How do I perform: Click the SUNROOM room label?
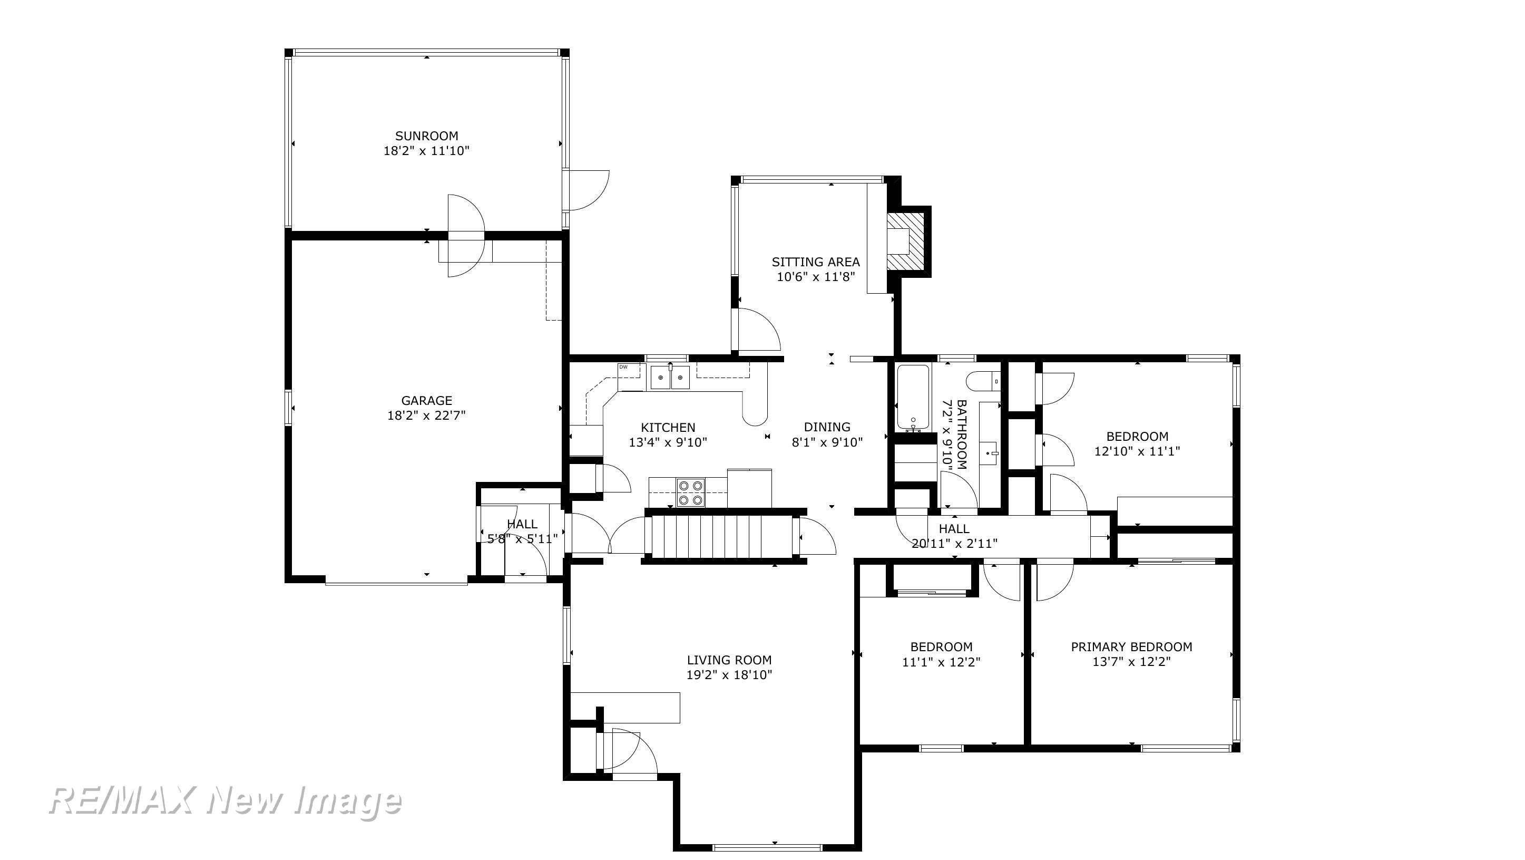click(x=426, y=136)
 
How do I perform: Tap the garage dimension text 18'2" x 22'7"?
click(x=426, y=415)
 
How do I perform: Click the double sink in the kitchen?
click(x=670, y=378)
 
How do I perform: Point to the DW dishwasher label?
click(x=623, y=366)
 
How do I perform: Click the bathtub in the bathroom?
click(x=913, y=398)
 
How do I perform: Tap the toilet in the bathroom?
click(x=983, y=381)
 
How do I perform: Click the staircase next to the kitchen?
click(x=721, y=537)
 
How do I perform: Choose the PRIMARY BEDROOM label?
click(x=1131, y=647)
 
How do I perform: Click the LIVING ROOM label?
click(x=729, y=660)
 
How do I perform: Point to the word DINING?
click(x=827, y=427)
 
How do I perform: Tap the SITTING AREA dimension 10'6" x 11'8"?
click(x=816, y=277)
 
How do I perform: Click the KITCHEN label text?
click(x=668, y=427)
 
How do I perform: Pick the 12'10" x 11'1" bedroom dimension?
click(x=1137, y=451)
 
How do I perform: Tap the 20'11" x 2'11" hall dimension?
click(x=954, y=543)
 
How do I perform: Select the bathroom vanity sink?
click(x=991, y=453)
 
